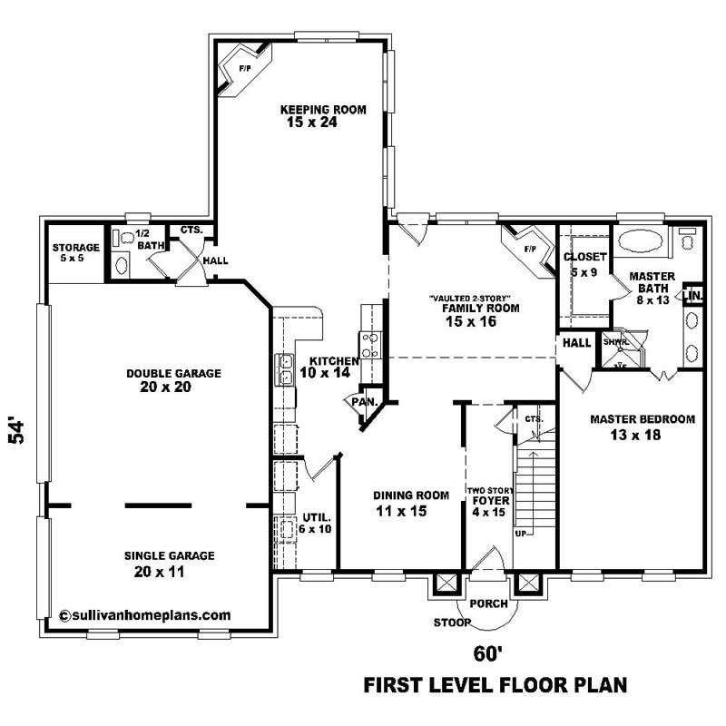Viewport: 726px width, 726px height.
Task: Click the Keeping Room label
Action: pos(309,110)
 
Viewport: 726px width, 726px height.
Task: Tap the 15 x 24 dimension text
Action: pos(309,123)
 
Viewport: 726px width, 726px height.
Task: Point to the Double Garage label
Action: pos(174,373)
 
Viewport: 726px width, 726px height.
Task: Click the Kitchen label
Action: pos(329,360)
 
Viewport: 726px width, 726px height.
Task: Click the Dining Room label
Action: pos(412,495)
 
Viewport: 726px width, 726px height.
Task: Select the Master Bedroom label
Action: pos(643,419)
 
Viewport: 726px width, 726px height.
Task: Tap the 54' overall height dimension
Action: pos(16,431)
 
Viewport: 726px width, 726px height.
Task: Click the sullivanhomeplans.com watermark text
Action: pos(145,614)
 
